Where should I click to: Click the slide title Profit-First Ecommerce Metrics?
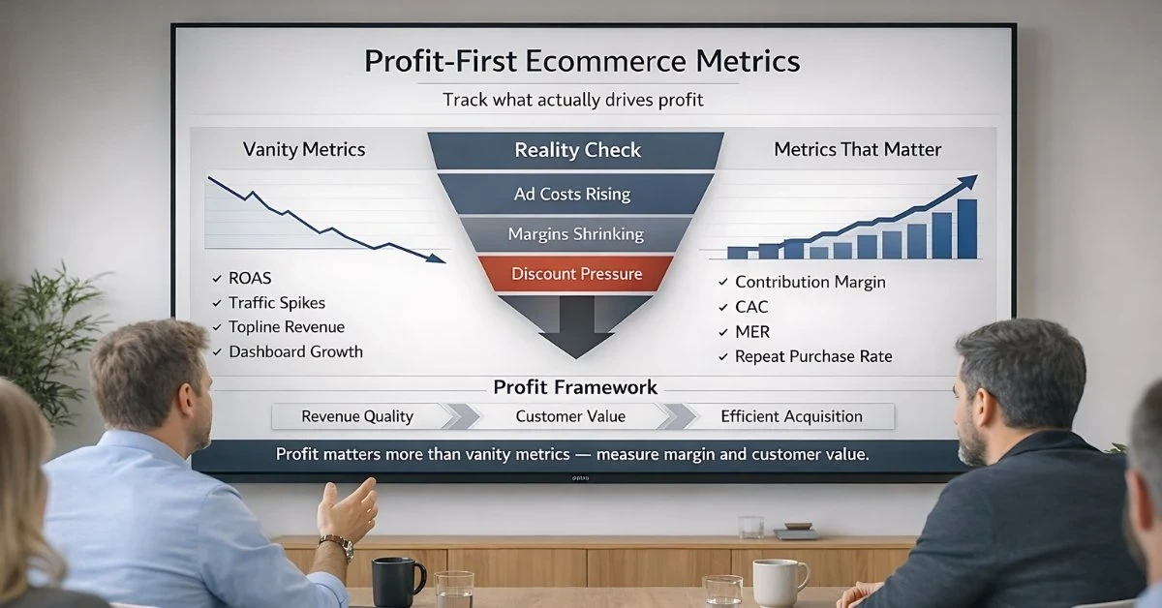pos(582,62)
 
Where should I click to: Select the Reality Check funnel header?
pos(577,150)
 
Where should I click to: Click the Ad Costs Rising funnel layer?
pos(572,194)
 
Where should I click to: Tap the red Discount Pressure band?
pos(576,274)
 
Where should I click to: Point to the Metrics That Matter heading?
pos(858,149)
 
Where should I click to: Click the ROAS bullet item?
pos(251,278)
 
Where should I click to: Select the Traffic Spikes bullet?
pos(276,302)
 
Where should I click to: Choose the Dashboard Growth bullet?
pos(295,351)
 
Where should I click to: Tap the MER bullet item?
pos(752,332)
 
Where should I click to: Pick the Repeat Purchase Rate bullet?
pos(813,356)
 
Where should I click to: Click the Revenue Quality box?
pos(357,416)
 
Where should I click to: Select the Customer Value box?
pos(570,416)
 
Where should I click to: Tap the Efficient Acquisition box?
pos(791,416)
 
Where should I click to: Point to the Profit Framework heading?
pos(575,387)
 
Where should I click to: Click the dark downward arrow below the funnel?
pos(576,324)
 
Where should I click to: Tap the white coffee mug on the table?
pos(779,582)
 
